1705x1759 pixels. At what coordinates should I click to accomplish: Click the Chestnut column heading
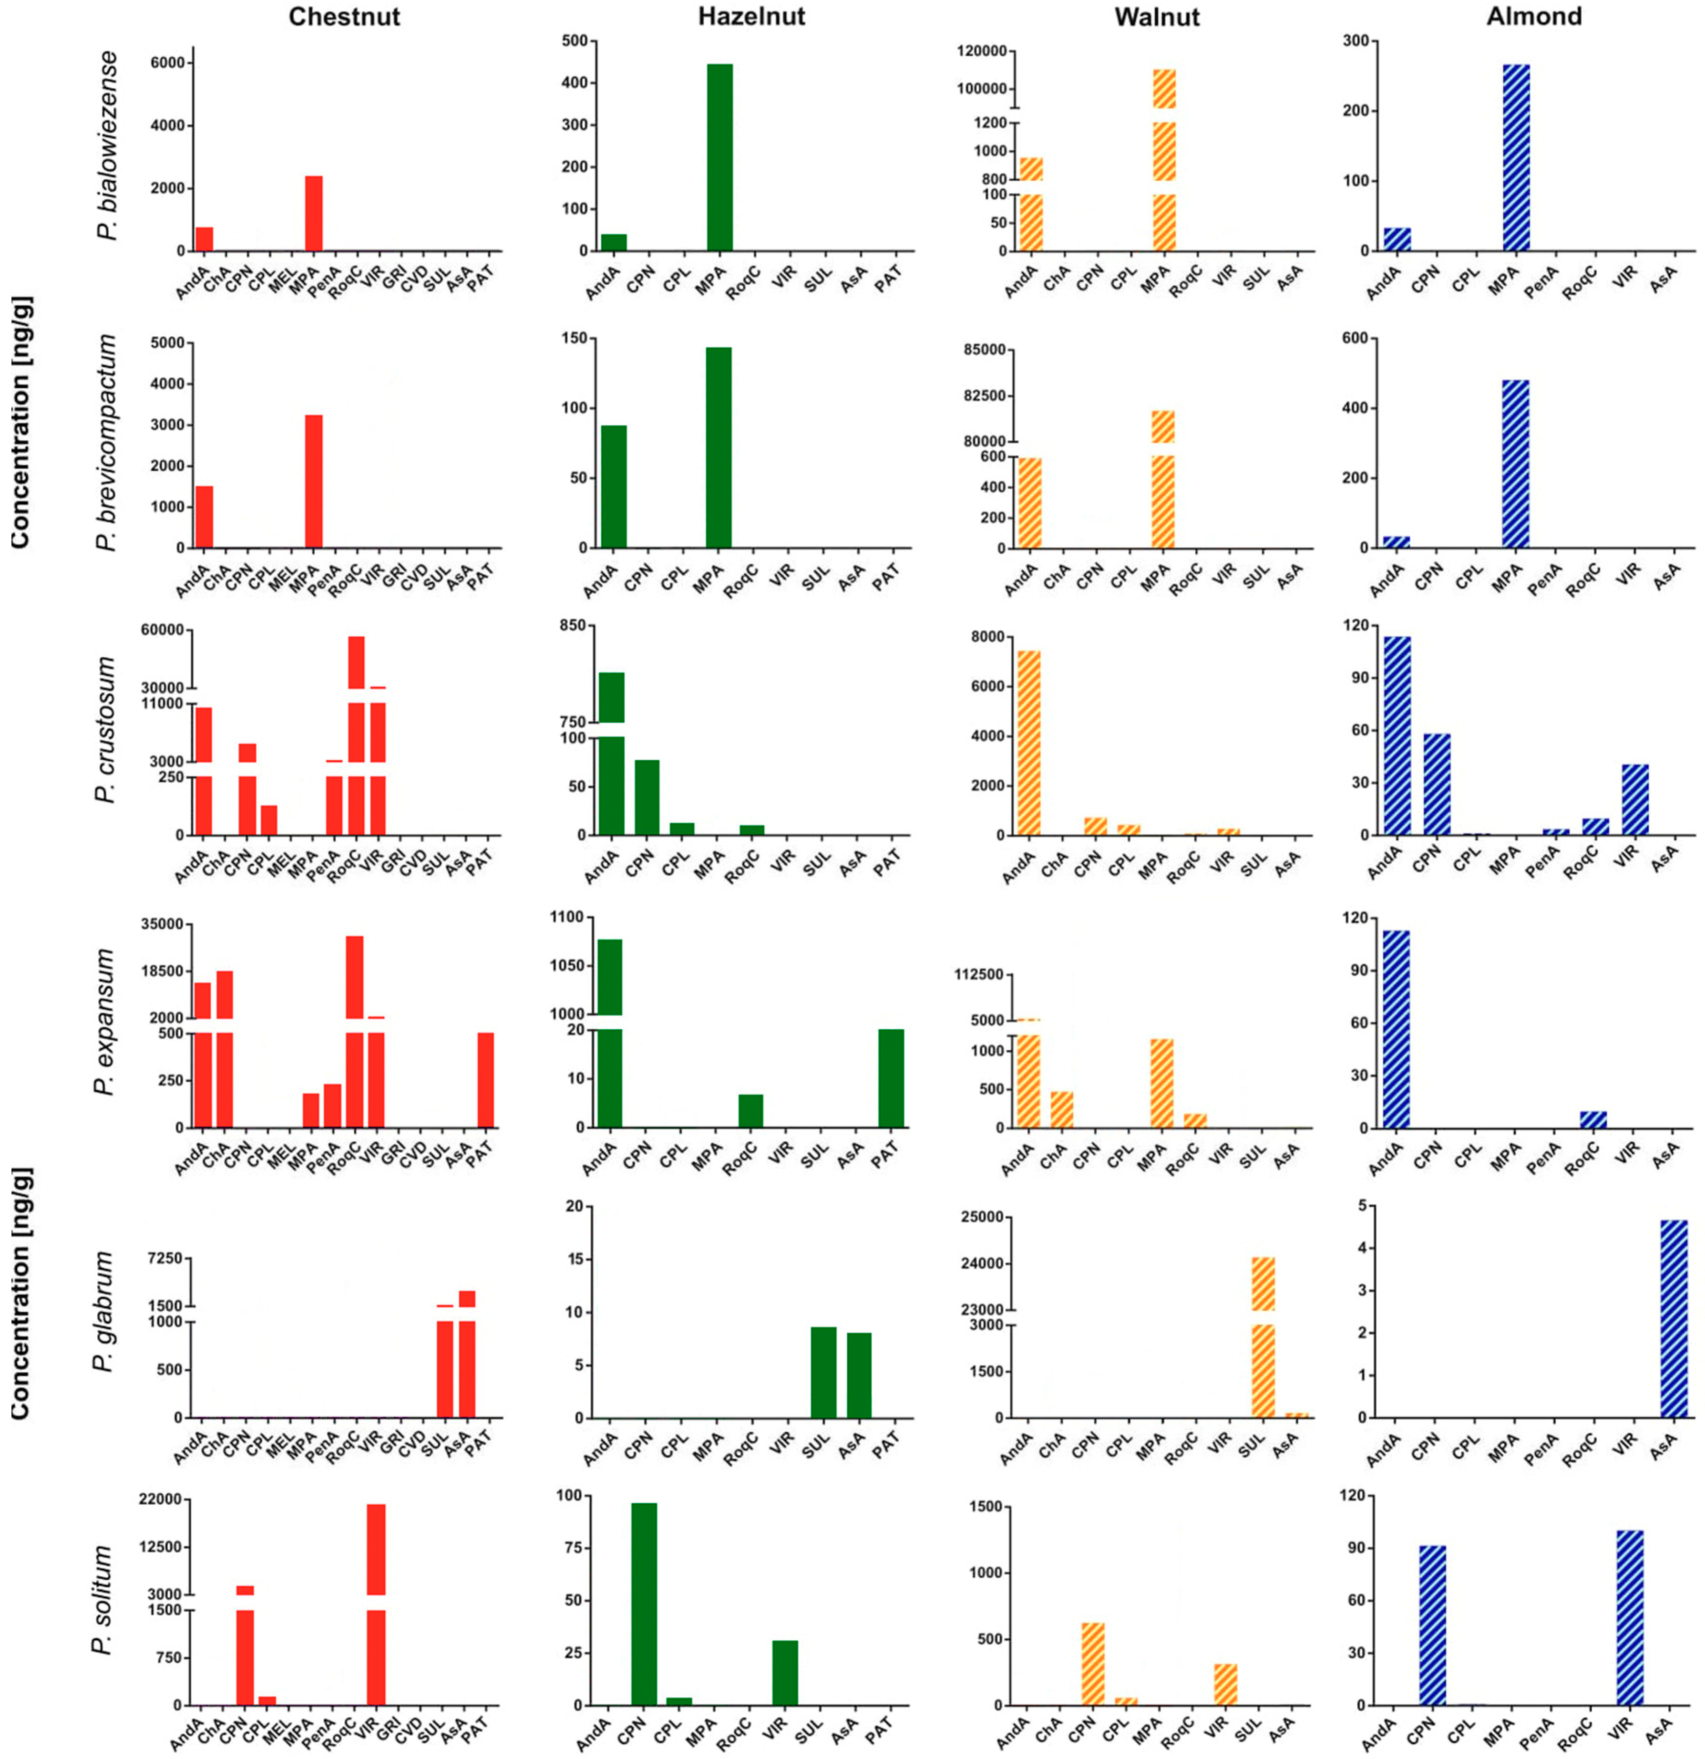click(x=345, y=16)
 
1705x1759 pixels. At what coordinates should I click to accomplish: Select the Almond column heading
click(x=1534, y=16)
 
